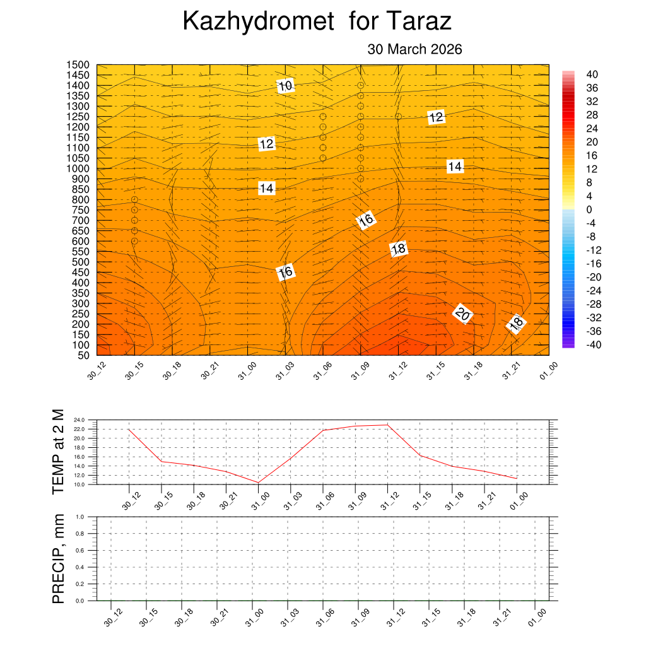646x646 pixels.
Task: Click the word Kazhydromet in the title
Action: click(257, 22)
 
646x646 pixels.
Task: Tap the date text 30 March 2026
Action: click(414, 49)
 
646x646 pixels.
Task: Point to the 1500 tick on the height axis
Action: click(79, 65)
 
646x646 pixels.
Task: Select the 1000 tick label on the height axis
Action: click(79, 168)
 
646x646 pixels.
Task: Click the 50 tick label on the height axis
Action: click(83, 355)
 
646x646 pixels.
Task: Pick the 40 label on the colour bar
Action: click(592, 74)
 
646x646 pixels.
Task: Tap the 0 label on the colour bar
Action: click(589, 209)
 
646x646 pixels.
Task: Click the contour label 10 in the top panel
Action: click(285, 86)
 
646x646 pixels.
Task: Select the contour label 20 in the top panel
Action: click(462, 314)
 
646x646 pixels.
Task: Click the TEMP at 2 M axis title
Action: click(58, 451)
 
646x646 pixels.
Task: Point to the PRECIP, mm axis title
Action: click(58, 558)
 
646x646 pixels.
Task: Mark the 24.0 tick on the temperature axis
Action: click(79, 420)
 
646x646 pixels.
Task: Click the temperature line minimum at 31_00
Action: click(258, 483)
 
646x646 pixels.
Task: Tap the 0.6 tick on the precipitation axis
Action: click(80, 550)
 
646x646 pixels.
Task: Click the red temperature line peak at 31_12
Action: click(387, 425)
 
